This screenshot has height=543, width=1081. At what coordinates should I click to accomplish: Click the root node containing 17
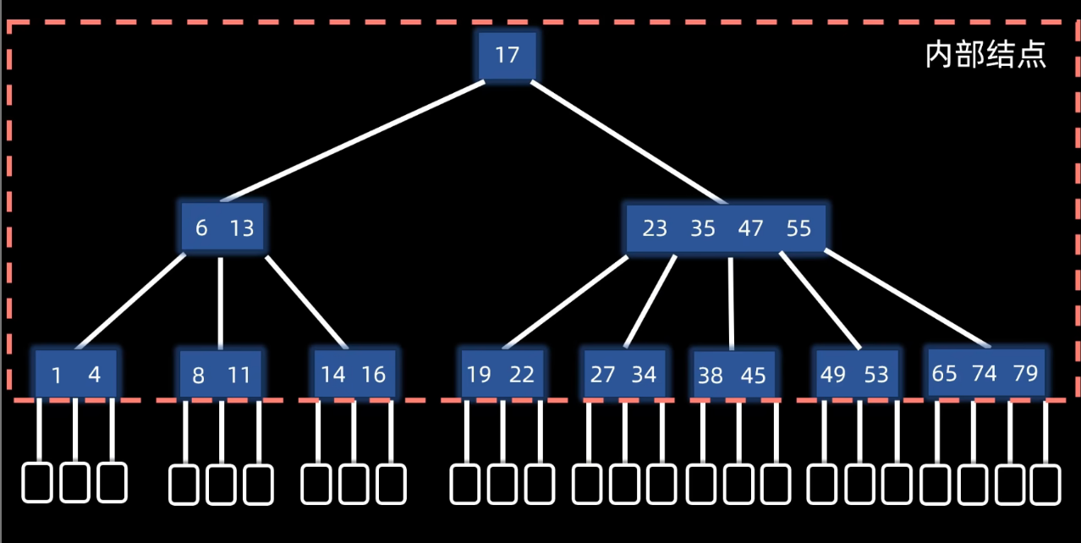point(507,56)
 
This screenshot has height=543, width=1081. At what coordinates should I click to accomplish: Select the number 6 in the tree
point(201,228)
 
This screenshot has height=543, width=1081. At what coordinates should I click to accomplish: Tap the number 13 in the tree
point(241,228)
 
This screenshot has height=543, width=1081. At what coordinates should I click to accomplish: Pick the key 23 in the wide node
point(655,228)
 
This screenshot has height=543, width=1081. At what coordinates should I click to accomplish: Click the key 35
point(703,228)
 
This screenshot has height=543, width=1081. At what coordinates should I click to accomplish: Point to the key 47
point(750,228)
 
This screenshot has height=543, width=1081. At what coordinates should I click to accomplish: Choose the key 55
point(798,228)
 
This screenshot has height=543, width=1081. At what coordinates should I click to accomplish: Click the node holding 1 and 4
point(75,374)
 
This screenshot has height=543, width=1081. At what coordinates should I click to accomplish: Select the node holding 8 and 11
point(220,375)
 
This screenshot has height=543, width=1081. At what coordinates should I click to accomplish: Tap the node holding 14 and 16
point(354,374)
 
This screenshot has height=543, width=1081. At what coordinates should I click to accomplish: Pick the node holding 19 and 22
point(501,374)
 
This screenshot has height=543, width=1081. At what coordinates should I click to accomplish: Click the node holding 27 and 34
point(624,374)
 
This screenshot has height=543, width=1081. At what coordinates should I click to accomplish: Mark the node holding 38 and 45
point(733,375)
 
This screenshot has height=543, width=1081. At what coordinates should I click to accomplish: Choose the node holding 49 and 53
point(854,374)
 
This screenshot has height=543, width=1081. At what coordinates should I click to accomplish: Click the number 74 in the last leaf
point(985,373)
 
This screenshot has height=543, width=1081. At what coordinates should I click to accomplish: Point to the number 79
point(1025,373)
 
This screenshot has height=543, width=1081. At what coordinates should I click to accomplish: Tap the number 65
point(944,373)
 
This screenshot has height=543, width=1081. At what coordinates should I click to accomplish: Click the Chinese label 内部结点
point(986,56)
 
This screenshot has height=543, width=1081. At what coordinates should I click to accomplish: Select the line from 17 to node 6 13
point(354,140)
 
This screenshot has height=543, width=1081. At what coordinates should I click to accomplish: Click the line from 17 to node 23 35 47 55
point(628,142)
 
